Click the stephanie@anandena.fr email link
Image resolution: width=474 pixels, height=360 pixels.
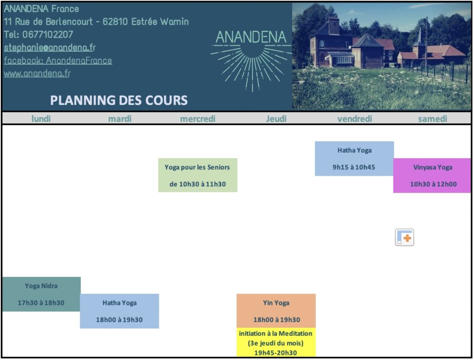tap(50, 48)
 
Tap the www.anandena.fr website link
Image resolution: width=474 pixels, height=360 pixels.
tap(37, 74)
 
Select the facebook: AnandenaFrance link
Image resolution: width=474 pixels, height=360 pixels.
tap(58, 61)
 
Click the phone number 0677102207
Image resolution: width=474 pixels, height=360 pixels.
tap(48, 35)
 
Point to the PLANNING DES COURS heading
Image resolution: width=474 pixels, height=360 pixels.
tap(119, 100)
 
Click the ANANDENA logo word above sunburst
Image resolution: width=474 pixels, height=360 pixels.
tap(251, 37)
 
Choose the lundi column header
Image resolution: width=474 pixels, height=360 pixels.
tap(41, 119)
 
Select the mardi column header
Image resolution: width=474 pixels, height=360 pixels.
tap(120, 119)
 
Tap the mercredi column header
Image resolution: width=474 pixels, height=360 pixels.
tap(198, 119)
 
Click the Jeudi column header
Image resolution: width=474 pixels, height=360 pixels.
tap(276, 119)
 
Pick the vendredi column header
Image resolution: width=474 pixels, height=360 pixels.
tap(355, 119)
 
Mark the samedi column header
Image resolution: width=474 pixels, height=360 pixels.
tap(433, 119)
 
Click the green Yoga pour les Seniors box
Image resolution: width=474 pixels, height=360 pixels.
tap(198, 175)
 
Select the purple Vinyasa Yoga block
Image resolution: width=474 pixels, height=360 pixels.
tap(432, 175)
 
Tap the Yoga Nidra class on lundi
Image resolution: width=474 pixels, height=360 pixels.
tap(41, 294)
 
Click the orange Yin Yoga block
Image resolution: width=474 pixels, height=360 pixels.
tap(276, 311)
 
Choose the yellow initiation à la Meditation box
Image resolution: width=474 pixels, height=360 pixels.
tap(276, 342)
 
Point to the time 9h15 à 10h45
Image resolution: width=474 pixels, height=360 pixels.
tap(354, 167)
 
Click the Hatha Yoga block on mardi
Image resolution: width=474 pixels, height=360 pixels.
tap(119, 311)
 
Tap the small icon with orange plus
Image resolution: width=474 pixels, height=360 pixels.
tap(405, 237)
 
